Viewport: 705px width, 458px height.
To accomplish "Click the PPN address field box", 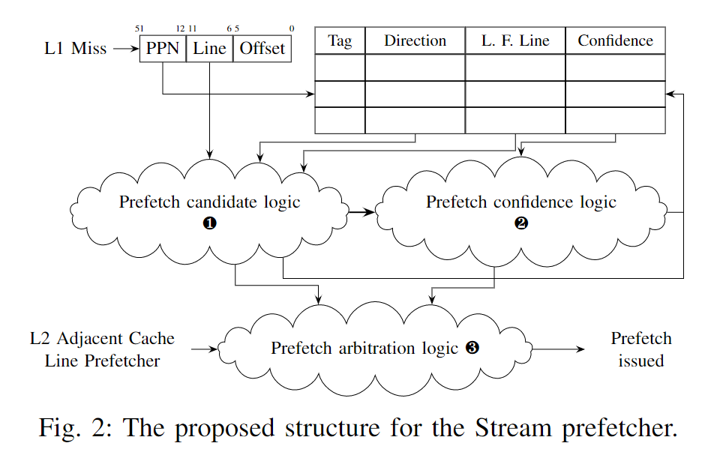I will (162, 49).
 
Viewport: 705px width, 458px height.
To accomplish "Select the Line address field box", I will (209, 49).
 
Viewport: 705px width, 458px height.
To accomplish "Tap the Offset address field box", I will (262, 49).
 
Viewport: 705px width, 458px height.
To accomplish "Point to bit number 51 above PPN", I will (139, 28).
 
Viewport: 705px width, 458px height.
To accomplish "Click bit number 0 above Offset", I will (291, 28).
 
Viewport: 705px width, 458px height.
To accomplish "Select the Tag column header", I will (340, 41).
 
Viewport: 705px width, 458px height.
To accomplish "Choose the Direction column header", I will (415, 41).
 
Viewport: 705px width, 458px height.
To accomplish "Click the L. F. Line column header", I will (514, 41).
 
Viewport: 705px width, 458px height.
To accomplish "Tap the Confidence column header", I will (615, 41).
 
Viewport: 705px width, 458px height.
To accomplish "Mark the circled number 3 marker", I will (472, 348).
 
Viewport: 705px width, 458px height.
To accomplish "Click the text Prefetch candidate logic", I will (209, 202).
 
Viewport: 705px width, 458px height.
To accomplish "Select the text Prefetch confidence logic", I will (521, 202).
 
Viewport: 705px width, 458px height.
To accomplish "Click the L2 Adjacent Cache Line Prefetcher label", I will (102, 349).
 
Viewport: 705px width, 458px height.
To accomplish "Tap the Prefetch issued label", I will (641, 349).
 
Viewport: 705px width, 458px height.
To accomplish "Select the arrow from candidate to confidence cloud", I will (361, 212).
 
